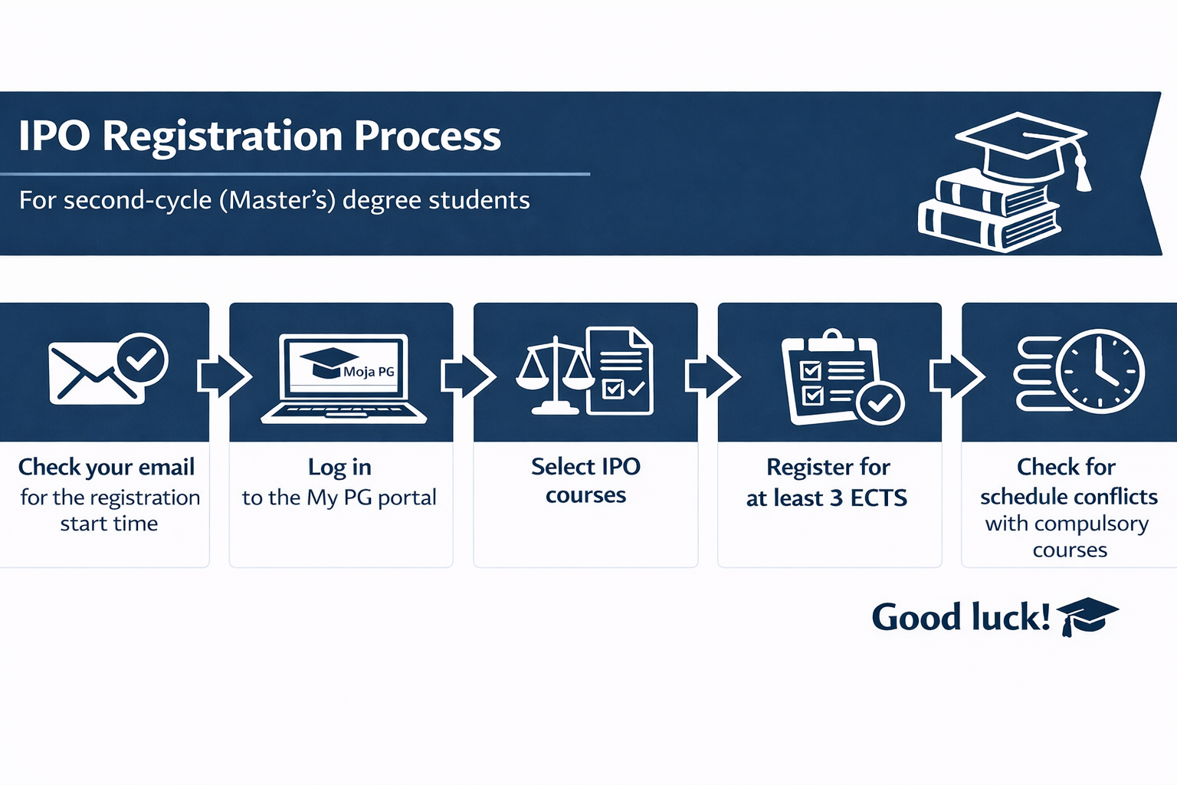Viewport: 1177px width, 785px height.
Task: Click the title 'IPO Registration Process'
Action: click(x=260, y=136)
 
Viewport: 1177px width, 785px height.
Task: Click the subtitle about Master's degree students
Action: click(x=274, y=200)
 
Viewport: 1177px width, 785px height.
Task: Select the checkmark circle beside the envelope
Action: click(x=142, y=360)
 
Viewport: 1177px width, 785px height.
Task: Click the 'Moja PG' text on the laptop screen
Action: click(x=369, y=372)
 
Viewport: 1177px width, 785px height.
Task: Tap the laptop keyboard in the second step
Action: click(x=343, y=412)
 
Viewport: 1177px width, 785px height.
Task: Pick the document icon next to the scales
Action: click(x=621, y=371)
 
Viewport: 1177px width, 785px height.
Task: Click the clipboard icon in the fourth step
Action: click(x=829, y=376)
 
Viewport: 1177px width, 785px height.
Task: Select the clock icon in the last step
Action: click(x=1100, y=371)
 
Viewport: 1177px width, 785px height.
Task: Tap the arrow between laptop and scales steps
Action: click(x=468, y=376)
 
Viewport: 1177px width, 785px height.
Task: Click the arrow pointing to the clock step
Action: click(x=957, y=376)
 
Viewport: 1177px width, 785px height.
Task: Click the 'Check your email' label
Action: click(x=107, y=468)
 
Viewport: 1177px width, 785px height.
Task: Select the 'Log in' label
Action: click(x=339, y=468)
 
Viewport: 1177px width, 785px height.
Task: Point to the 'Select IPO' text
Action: click(x=586, y=466)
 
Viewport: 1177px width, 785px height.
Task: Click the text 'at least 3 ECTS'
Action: click(x=827, y=498)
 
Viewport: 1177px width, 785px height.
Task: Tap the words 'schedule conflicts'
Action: click(x=1069, y=497)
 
